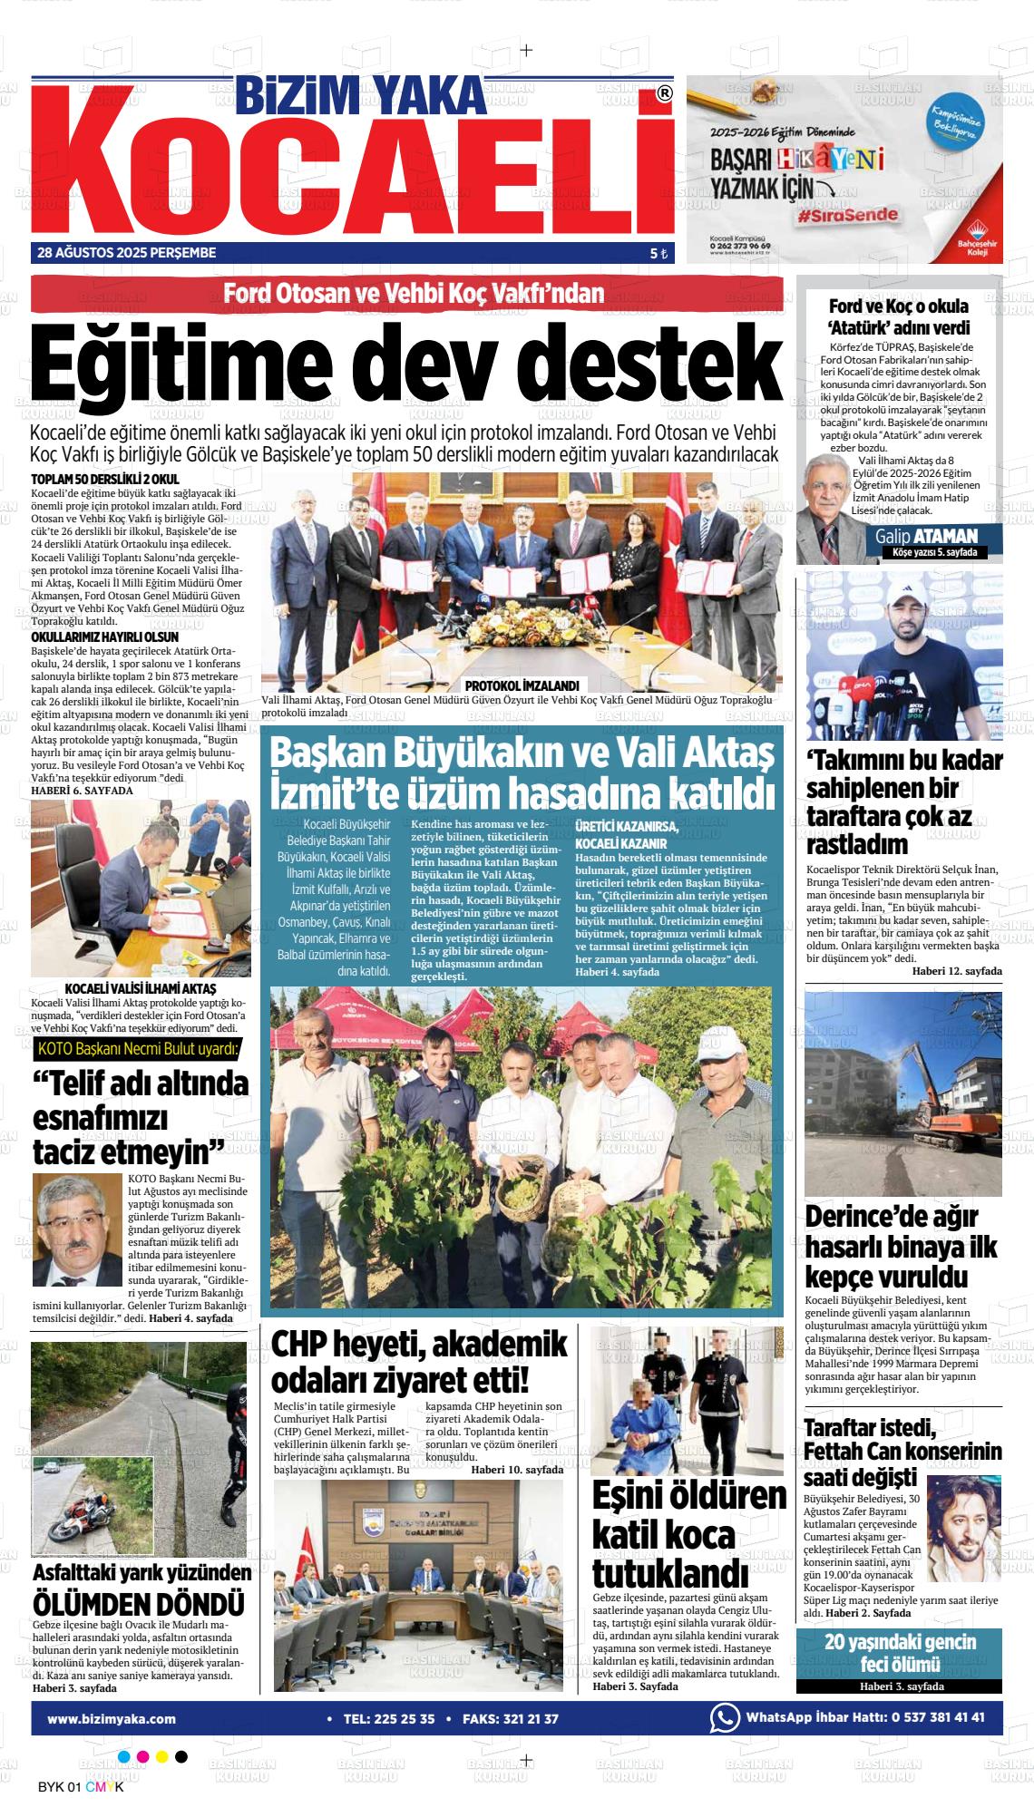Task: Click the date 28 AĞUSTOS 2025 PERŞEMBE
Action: click(x=127, y=253)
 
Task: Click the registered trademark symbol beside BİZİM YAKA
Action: click(x=664, y=93)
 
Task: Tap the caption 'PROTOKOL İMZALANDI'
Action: click(x=521, y=686)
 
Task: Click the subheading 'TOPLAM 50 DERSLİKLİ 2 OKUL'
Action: click(x=105, y=479)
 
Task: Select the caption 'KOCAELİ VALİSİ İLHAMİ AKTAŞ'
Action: click(x=141, y=987)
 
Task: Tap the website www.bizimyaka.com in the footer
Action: click(x=112, y=1718)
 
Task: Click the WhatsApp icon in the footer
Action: click(x=724, y=1717)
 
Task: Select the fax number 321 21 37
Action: click(x=526, y=1718)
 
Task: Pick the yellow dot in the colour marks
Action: click(x=161, y=1756)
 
